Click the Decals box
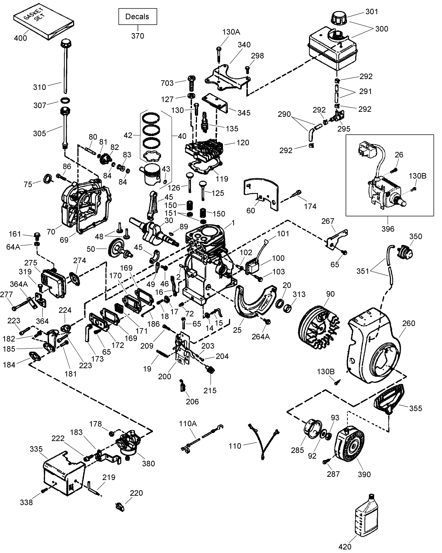coord(137,17)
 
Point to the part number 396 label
coord(388,229)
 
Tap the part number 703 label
coord(167,83)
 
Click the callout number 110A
coord(188,423)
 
